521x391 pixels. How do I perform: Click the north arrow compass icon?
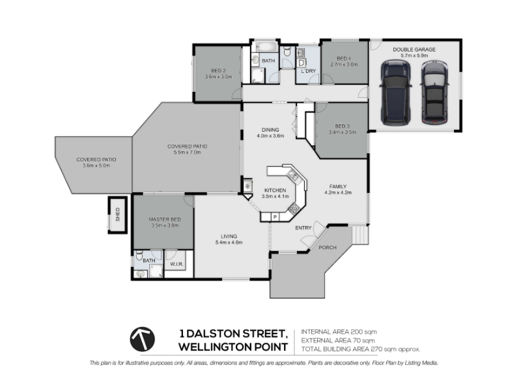pyautogui.click(x=142, y=339)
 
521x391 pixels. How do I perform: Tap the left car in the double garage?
pyautogui.click(x=395, y=93)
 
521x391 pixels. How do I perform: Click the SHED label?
pyautogui.click(x=117, y=214)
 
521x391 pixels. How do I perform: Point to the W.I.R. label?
pyautogui.click(x=176, y=265)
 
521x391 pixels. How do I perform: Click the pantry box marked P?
pyautogui.click(x=275, y=217)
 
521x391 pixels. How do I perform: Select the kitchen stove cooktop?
pyautogui.click(x=294, y=209)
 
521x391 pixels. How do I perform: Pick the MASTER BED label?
pyautogui.click(x=165, y=220)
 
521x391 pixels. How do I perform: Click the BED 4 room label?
pyautogui.click(x=344, y=59)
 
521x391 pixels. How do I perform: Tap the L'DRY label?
pyautogui.click(x=308, y=71)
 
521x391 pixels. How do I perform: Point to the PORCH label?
pyautogui.click(x=328, y=248)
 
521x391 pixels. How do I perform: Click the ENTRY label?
pyautogui.click(x=303, y=227)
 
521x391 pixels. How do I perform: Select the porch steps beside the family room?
pyautogui.click(x=360, y=235)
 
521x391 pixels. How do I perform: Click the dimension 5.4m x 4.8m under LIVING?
pyautogui.click(x=229, y=242)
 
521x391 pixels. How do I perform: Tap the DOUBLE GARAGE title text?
pyautogui.click(x=414, y=50)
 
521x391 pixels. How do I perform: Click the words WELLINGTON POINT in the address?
pyautogui.click(x=233, y=347)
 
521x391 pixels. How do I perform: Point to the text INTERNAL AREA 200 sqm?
pyautogui.click(x=339, y=332)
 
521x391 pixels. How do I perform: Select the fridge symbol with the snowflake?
pyautogui.click(x=247, y=186)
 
